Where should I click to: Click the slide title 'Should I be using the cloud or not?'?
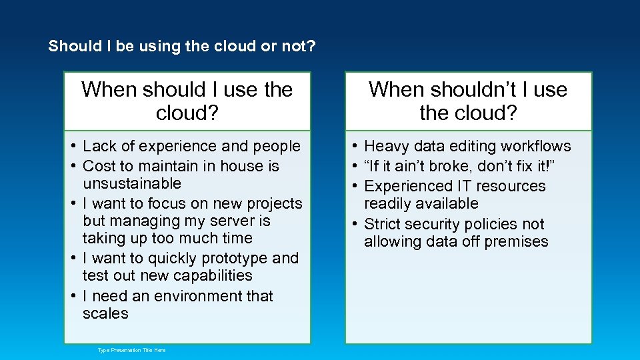click(x=182, y=47)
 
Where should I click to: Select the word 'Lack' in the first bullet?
click(x=99, y=146)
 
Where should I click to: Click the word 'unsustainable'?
click(x=132, y=183)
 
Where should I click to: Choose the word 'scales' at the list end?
click(x=105, y=313)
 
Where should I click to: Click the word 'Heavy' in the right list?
click(x=385, y=146)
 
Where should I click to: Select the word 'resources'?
click(x=511, y=186)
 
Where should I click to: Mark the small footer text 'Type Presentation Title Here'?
click(x=131, y=350)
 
